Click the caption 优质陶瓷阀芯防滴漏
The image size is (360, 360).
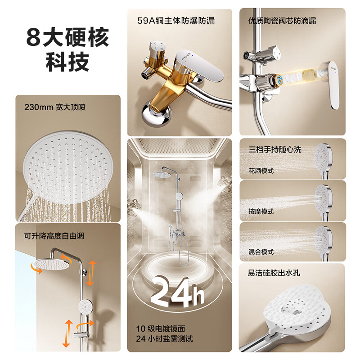(x=282, y=21)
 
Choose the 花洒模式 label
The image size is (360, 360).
(x=261, y=171)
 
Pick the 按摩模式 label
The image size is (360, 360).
(x=261, y=211)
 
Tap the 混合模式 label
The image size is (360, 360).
(x=261, y=252)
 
